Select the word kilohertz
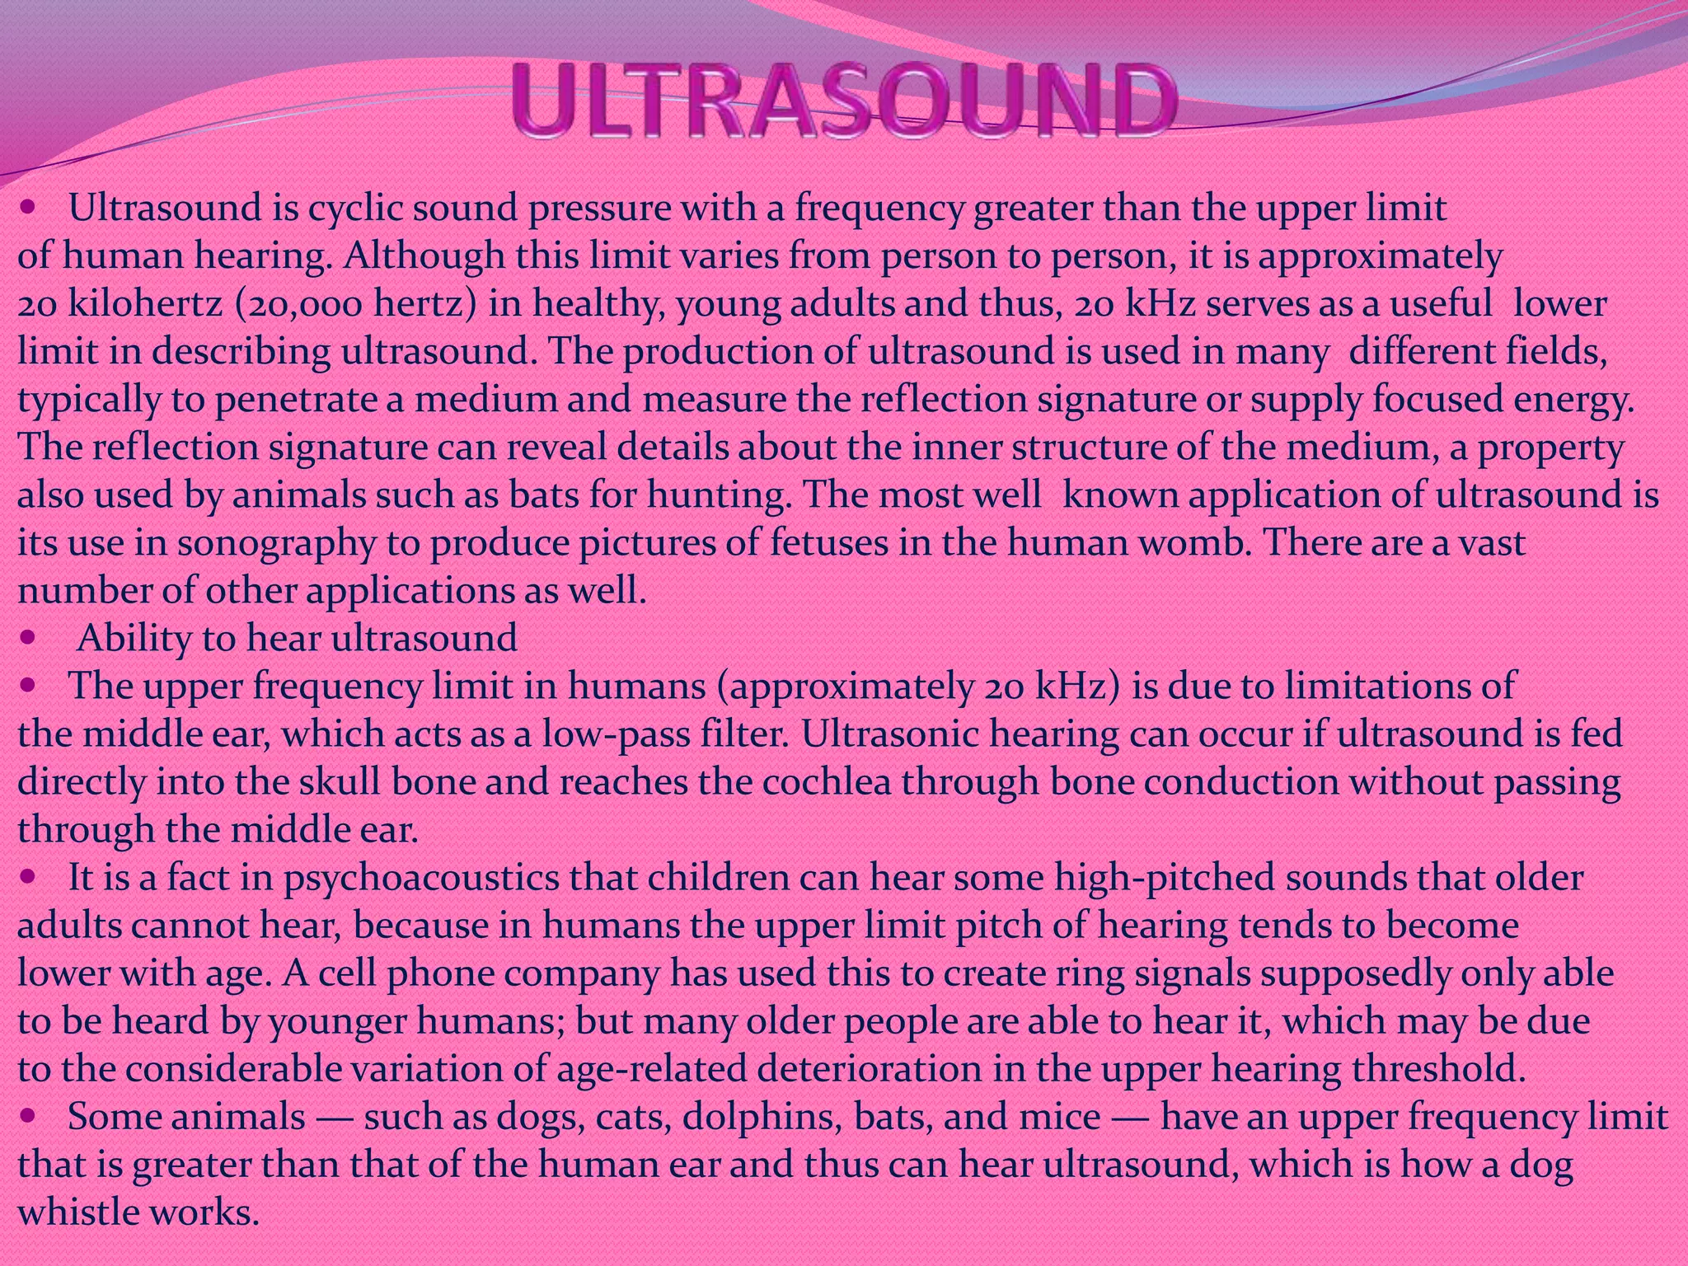tap(144, 304)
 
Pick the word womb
tap(1195, 543)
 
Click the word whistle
tap(78, 1213)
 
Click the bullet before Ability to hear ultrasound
tap(29, 638)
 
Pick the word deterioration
tap(869, 1070)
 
